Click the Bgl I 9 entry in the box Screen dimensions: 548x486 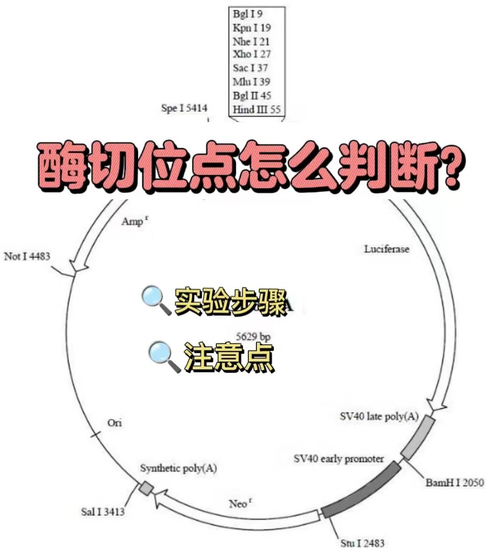click(x=248, y=13)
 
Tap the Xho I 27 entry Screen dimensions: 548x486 click(x=252, y=54)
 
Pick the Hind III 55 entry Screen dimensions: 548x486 click(x=257, y=110)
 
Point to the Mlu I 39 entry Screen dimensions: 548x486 click(x=251, y=82)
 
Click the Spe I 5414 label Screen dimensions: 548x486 click(x=184, y=109)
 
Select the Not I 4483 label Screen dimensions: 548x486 click(x=27, y=256)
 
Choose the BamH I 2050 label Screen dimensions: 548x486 click(x=454, y=483)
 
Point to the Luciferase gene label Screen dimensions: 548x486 click(x=387, y=249)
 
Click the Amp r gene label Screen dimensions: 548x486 click(x=133, y=220)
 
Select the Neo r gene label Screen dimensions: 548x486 click(x=239, y=504)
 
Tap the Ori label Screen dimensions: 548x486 click(x=115, y=423)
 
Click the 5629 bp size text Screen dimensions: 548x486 click(x=253, y=336)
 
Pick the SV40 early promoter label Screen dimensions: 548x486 click(x=338, y=459)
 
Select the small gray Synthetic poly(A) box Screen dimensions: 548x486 click(x=146, y=488)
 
